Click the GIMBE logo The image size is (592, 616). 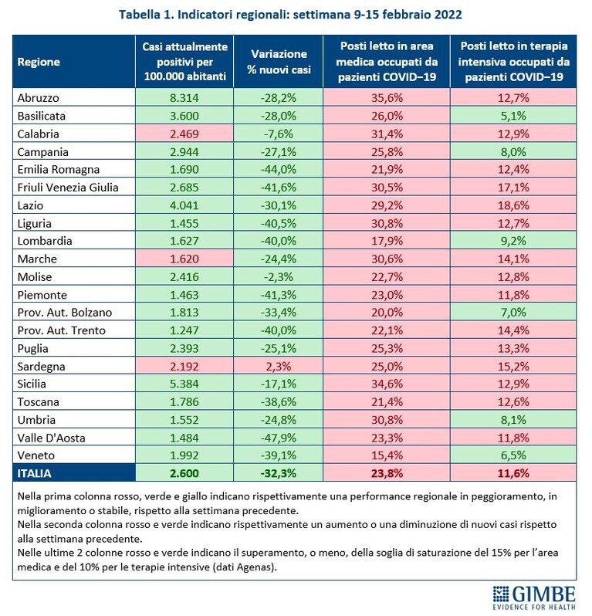pos(534,597)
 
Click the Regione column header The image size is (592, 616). pos(39,62)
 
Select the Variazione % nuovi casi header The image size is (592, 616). pos(279,62)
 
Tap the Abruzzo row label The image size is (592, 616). pos(38,98)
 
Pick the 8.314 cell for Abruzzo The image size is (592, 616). pos(184,98)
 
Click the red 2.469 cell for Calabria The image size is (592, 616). pos(184,134)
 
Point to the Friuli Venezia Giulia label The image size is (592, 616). pos(68,188)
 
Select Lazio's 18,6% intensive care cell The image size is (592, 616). pos(513,205)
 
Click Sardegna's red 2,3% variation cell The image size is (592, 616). pos(279,367)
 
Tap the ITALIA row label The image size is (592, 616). pos(34,473)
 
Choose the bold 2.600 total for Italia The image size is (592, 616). pos(184,473)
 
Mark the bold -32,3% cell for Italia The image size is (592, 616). pos(279,473)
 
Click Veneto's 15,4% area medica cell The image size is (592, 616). pos(387,455)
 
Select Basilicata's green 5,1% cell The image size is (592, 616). pos(513,116)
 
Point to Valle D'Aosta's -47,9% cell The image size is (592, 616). pos(279,438)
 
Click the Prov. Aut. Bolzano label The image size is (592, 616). pos(64,313)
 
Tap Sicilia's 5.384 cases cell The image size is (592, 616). pos(184,384)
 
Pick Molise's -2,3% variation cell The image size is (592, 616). pos(279,277)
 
